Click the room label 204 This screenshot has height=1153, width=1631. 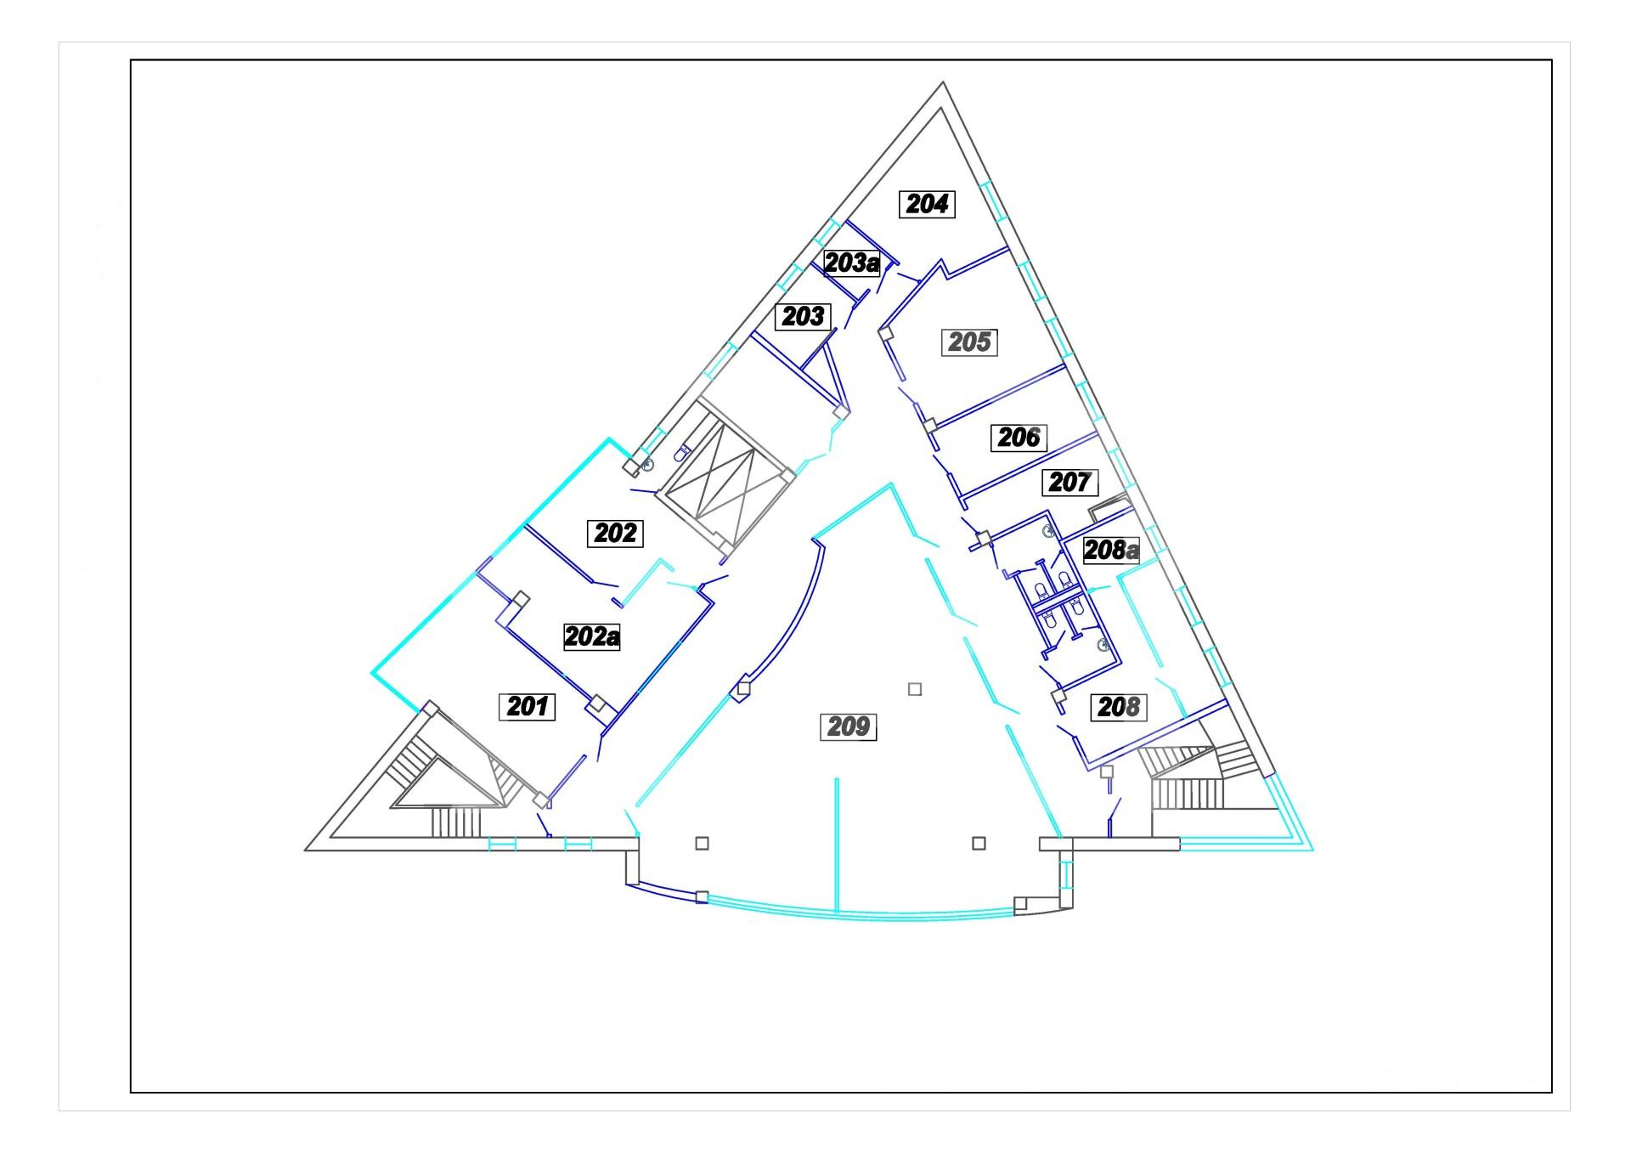click(x=928, y=204)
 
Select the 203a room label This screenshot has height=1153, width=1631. click(x=852, y=263)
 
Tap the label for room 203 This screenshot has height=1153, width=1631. click(x=803, y=317)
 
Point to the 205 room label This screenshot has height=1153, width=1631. click(x=969, y=342)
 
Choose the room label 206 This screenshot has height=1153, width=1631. click(x=1019, y=438)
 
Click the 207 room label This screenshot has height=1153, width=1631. click(x=1069, y=483)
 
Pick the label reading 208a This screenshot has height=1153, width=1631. click(x=1111, y=550)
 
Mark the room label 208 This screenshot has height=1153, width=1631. click(x=1119, y=707)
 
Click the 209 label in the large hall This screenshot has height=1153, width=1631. click(x=848, y=726)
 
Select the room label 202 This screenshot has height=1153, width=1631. click(x=615, y=533)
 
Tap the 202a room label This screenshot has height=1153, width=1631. click(x=592, y=636)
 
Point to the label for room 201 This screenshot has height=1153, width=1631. click(x=527, y=706)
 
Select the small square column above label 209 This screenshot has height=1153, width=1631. click(x=915, y=689)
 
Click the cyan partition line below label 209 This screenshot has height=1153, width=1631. click(x=837, y=845)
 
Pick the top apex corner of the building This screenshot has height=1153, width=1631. click(x=943, y=82)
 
